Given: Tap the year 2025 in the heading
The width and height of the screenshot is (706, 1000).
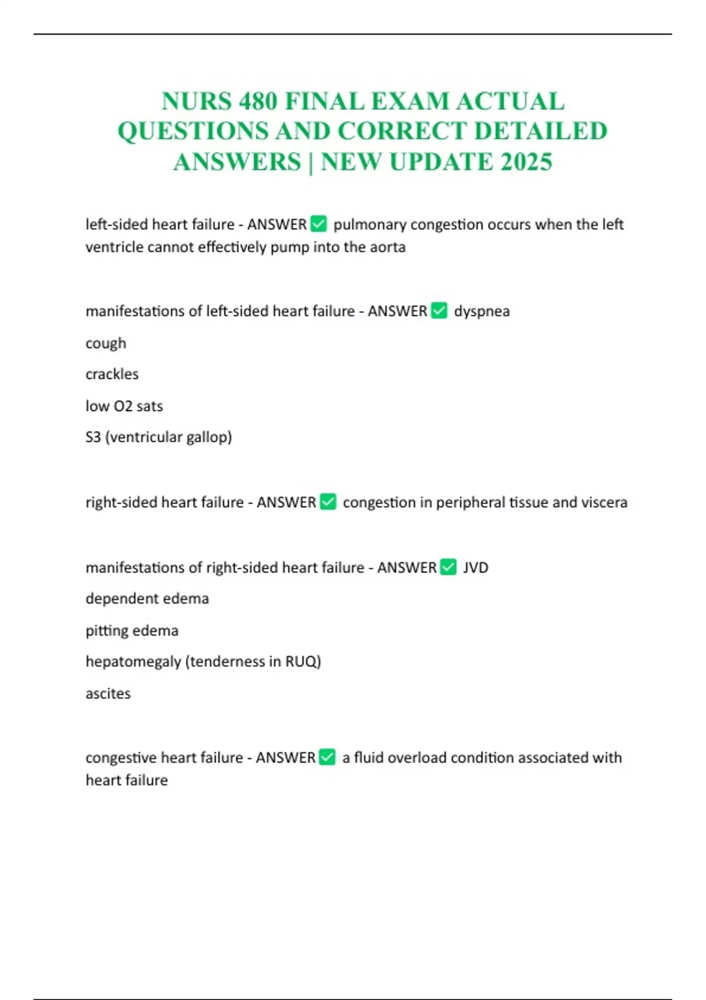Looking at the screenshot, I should click(x=527, y=162).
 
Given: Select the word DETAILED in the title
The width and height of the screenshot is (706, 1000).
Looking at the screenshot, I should click(x=541, y=131).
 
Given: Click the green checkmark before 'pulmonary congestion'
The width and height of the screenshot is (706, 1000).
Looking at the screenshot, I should click(x=318, y=224).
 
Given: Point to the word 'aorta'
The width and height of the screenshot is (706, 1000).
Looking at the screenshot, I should click(x=388, y=247).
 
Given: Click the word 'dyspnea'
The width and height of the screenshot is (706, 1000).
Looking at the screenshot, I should click(x=482, y=311).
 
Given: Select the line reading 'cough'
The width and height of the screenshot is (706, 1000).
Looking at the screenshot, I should click(x=106, y=344).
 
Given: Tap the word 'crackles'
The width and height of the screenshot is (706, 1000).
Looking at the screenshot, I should click(x=112, y=374).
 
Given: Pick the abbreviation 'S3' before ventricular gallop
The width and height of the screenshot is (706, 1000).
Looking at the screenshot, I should click(x=93, y=437).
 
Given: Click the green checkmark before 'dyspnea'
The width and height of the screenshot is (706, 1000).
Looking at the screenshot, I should click(x=439, y=311).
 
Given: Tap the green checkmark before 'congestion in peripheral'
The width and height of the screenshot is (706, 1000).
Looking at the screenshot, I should click(x=328, y=502).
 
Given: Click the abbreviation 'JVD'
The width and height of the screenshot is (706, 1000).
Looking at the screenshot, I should click(x=476, y=568).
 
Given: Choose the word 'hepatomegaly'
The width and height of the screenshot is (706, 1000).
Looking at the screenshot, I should click(x=133, y=662).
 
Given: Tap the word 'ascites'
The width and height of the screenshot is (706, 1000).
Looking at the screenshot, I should click(x=108, y=694).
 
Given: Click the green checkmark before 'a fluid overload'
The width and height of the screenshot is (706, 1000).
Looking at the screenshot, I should click(x=327, y=757).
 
